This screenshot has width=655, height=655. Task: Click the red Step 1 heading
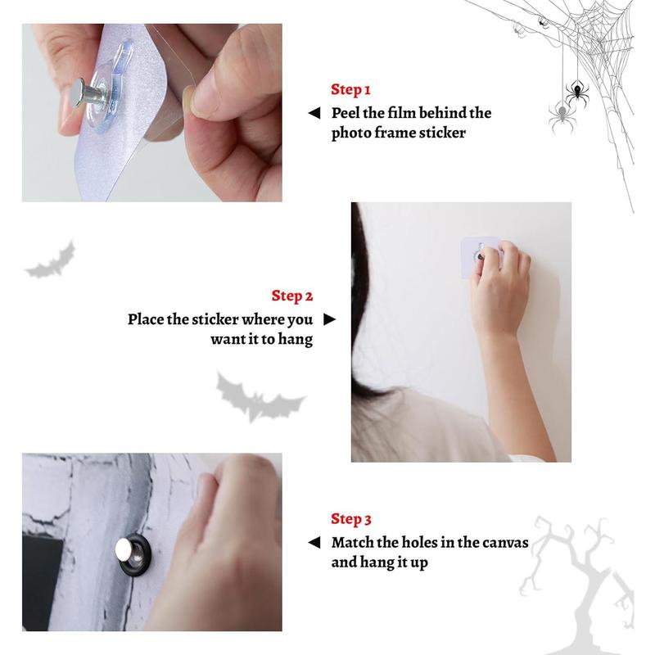351,90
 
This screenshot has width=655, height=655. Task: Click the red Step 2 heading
292,296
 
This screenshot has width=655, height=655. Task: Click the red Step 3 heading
351,519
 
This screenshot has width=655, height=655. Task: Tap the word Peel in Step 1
347,113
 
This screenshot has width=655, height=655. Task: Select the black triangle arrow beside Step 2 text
329,318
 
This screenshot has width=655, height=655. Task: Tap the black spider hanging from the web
576,91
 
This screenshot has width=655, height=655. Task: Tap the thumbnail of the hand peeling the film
151,113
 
